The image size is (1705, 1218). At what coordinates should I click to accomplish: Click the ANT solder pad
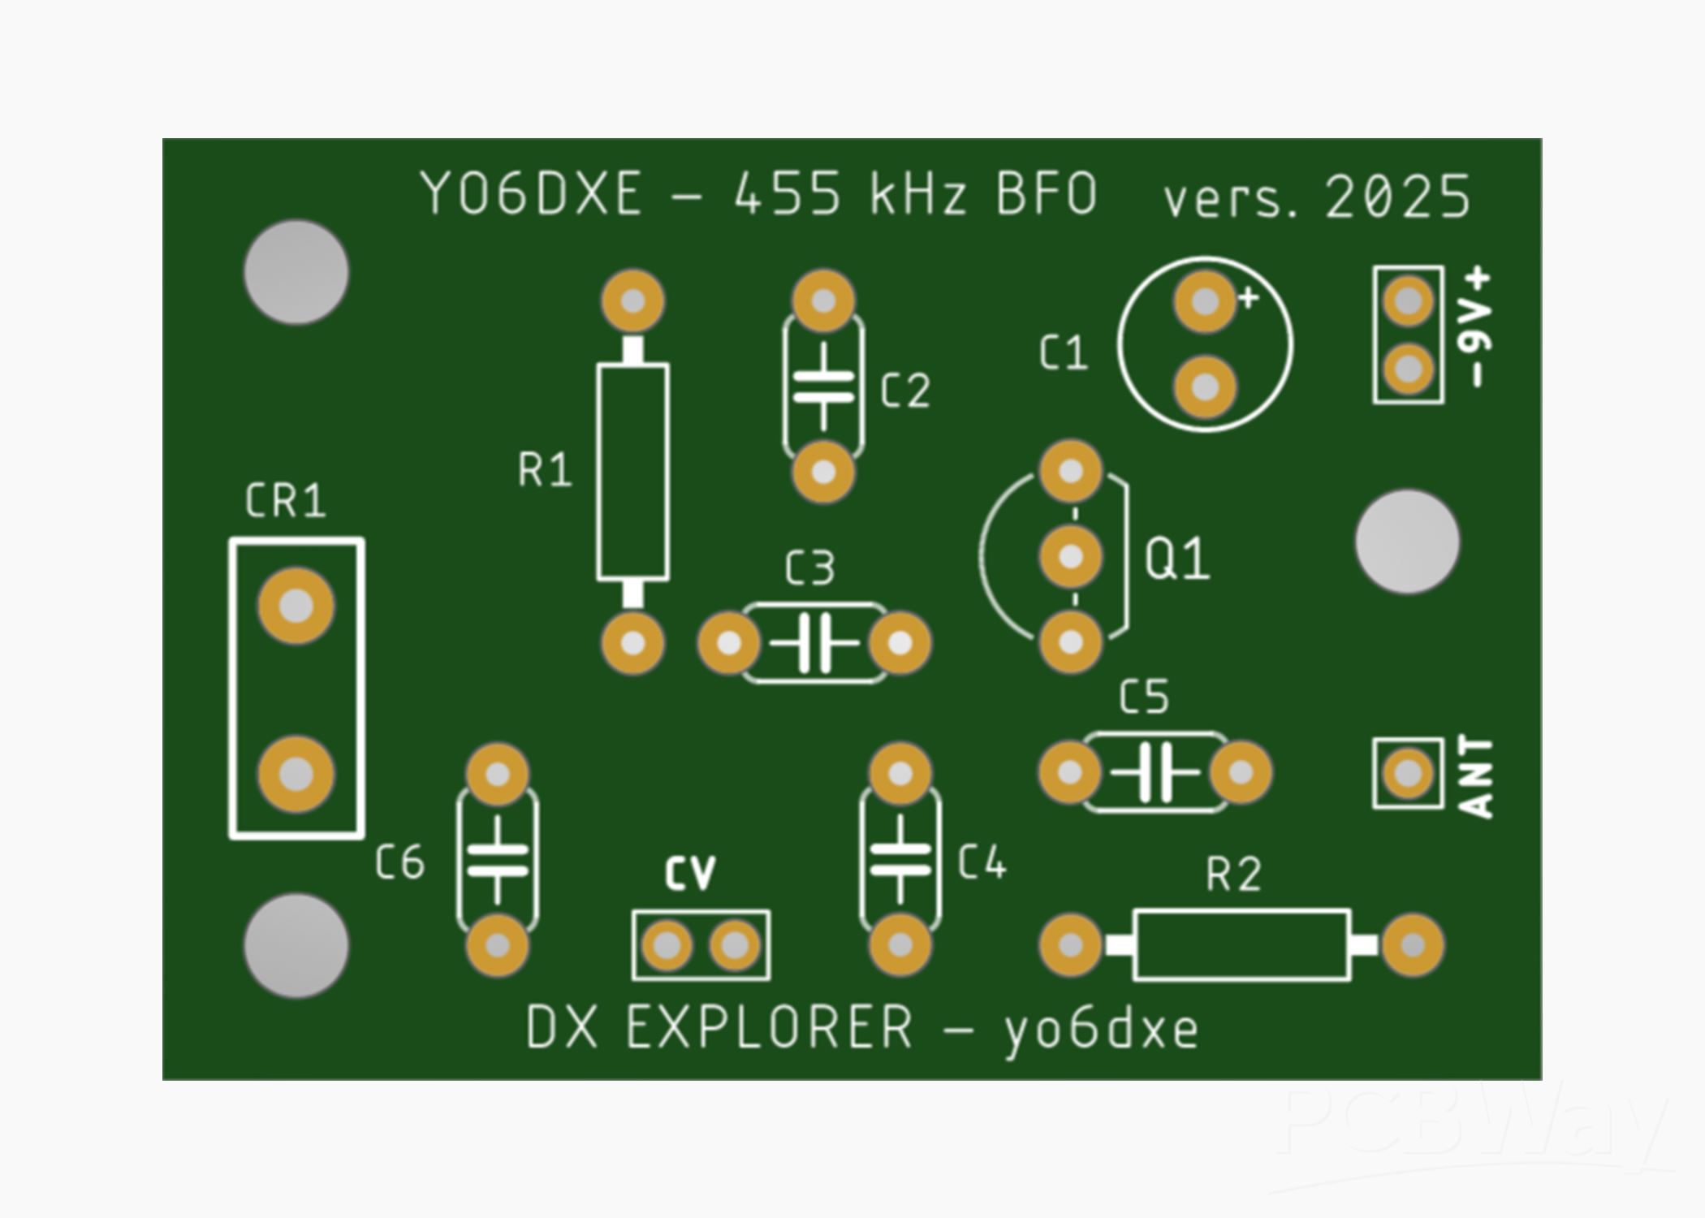(x=1408, y=773)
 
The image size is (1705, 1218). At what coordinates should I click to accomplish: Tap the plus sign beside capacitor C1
(x=1248, y=298)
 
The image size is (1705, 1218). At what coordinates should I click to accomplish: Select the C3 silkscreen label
(x=809, y=568)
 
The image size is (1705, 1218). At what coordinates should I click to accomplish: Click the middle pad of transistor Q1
(x=1071, y=557)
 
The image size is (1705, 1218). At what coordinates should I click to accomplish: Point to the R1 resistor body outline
(x=632, y=473)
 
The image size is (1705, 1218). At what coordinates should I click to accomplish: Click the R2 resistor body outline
(x=1241, y=945)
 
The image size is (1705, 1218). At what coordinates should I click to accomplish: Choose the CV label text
(x=690, y=874)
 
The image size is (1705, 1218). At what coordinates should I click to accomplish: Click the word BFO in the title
(x=1047, y=195)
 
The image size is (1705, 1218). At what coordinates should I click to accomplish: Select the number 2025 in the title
(x=1396, y=197)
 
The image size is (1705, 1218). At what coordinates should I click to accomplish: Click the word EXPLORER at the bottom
(x=769, y=1028)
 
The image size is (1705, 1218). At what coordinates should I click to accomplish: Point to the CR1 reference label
(x=285, y=501)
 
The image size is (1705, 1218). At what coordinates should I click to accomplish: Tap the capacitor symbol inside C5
(x=1155, y=772)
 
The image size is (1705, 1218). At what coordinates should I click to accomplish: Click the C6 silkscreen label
(x=399, y=862)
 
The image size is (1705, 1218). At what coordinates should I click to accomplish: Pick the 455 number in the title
(x=787, y=195)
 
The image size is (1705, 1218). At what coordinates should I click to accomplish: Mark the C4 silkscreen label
(x=982, y=862)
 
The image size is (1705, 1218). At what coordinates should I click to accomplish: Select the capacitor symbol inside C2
(x=823, y=387)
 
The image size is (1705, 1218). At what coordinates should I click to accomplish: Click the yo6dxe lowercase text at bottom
(x=1101, y=1030)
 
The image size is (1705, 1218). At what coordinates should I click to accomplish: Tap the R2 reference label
(x=1233, y=875)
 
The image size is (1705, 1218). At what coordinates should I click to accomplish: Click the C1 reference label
(x=1063, y=354)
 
